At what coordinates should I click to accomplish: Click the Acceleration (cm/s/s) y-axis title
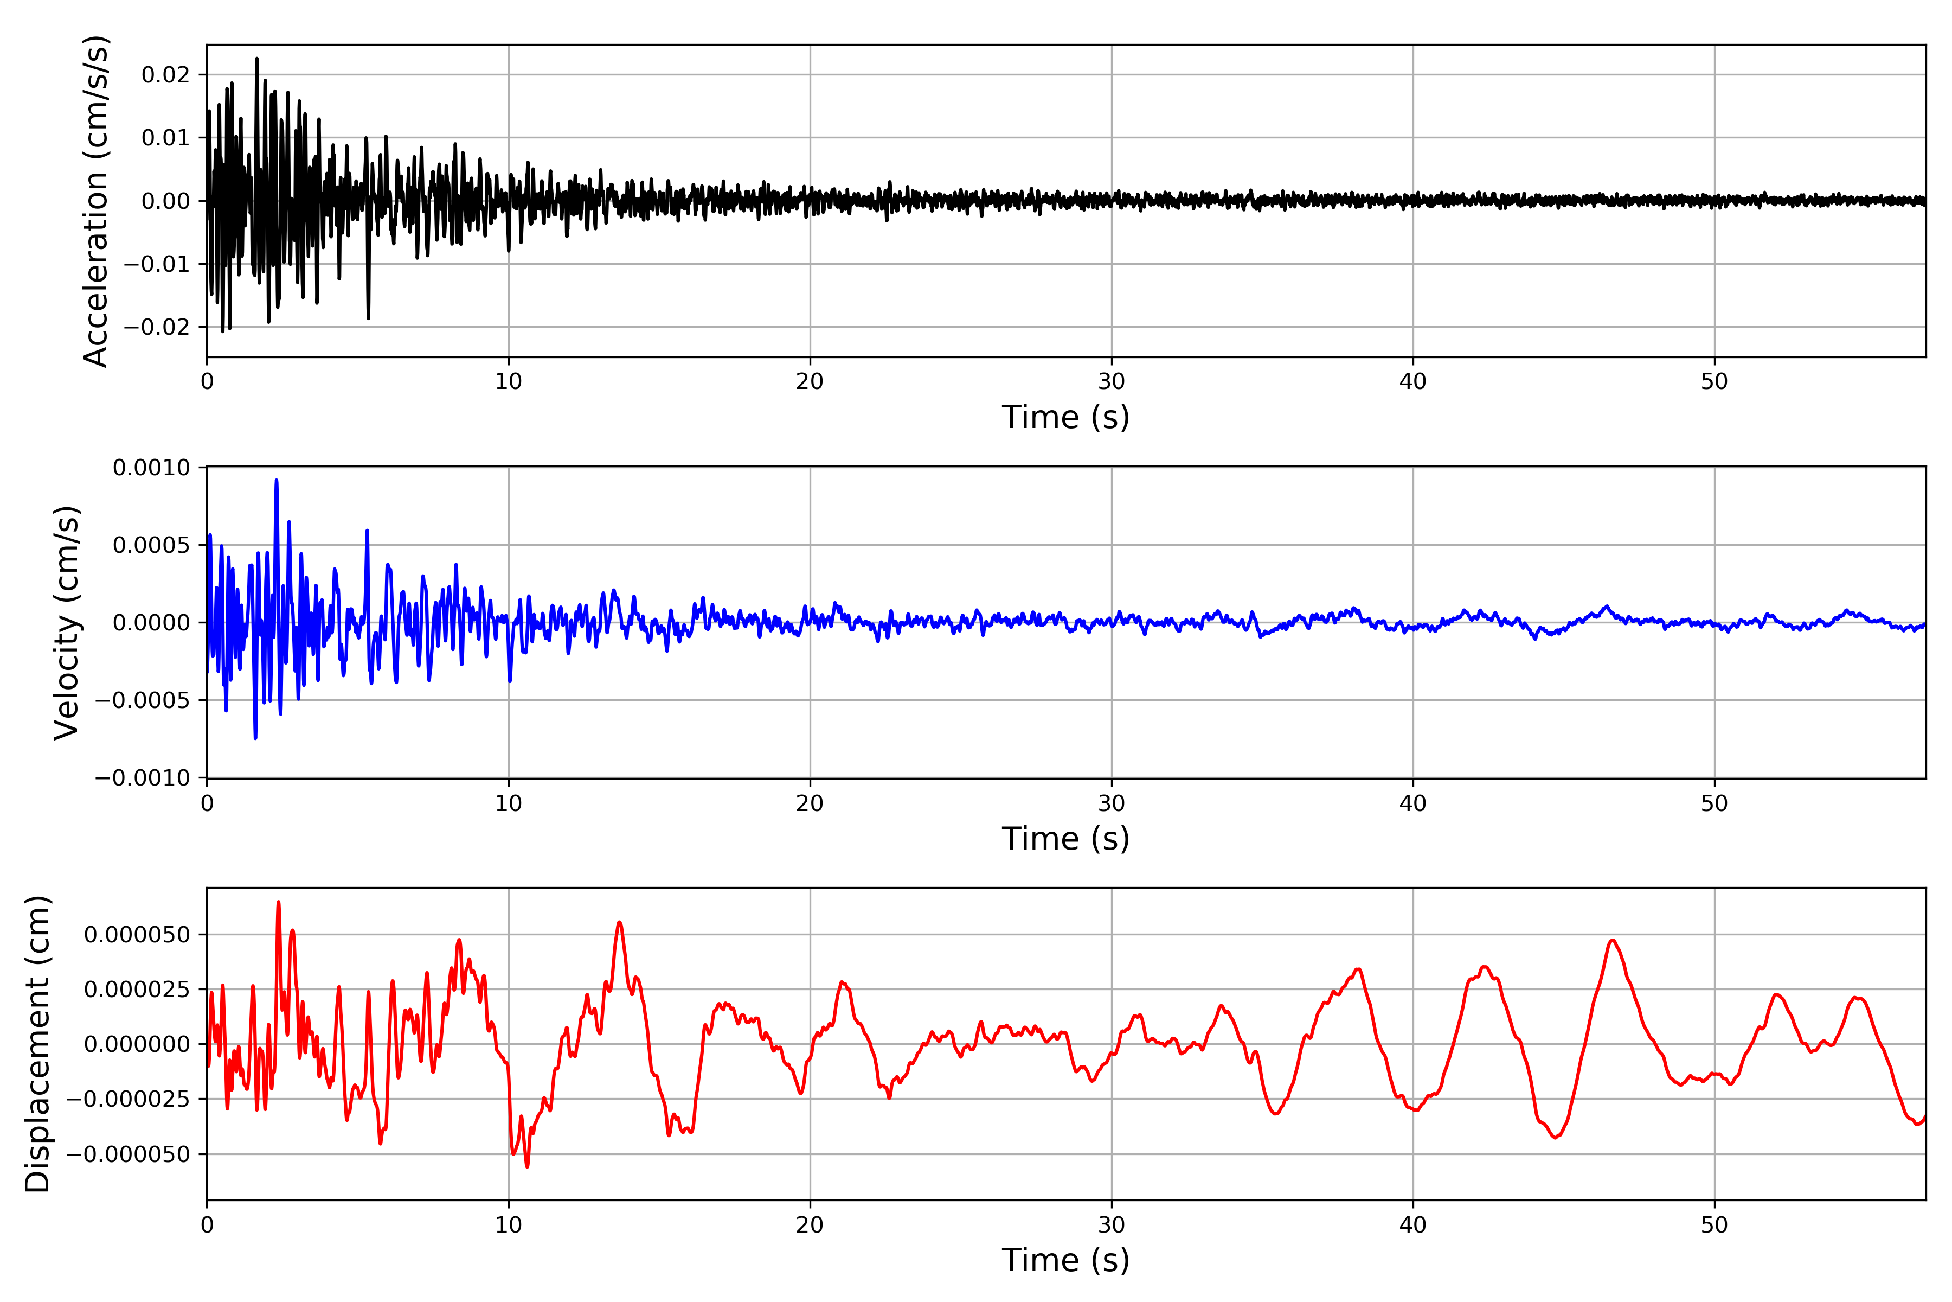click(x=97, y=201)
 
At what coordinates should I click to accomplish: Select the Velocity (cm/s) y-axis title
click(x=66, y=623)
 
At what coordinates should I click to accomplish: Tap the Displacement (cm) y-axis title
click(x=37, y=1044)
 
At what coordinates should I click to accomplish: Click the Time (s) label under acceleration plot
click(x=1065, y=417)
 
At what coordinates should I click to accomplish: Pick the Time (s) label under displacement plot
click(x=1065, y=1260)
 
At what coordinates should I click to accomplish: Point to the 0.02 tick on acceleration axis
click(x=165, y=75)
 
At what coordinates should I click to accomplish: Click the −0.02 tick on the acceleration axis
click(x=157, y=327)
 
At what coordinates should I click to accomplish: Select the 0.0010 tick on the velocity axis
click(x=151, y=468)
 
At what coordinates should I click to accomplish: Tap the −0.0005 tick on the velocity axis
click(x=143, y=700)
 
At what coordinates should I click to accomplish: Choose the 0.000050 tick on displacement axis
click(x=137, y=934)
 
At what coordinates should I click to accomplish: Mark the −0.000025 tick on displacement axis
click(x=129, y=1099)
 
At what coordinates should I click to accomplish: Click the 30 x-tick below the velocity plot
click(x=1111, y=803)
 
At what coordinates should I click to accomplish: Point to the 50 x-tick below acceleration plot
click(x=1714, y=381)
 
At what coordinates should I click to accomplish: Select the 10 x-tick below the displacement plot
click(x=509, y=1225)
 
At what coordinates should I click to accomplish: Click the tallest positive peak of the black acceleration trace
click(x=256, y=59)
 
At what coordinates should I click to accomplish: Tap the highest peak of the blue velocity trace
click(x=277, y=481)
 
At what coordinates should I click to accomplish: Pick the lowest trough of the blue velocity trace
click(x=255, y=737)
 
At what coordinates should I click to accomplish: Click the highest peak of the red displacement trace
click(x=278, y=902)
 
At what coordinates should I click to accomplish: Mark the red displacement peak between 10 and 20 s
click(x=619, y=923)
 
